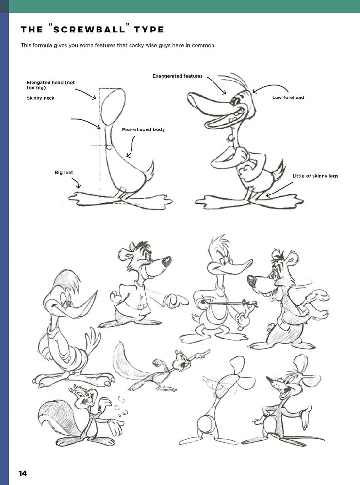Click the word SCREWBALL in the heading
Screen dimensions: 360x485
pyautogui.click(x=89, y=30)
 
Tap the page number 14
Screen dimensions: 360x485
pyautogui.click(x=23, y=473)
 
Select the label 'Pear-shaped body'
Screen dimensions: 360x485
pyautogui.click(x=143, y=129)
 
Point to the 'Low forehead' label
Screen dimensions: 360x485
pyautogui.click(x=288, y=97)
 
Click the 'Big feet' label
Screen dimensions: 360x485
pyautogui.click(x=64, y=172)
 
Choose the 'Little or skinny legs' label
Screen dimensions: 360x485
pyautogui.click(x=315, y=176)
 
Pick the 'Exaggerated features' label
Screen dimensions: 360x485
pyautogui.click(x=178, y=76)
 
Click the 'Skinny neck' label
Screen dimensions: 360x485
pyautogui.click(x=41, y=98)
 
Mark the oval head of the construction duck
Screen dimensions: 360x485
pyautogui.click(x=114, y=107)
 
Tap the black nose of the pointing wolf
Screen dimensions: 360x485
pyautogui.click(x=166, y=261)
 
